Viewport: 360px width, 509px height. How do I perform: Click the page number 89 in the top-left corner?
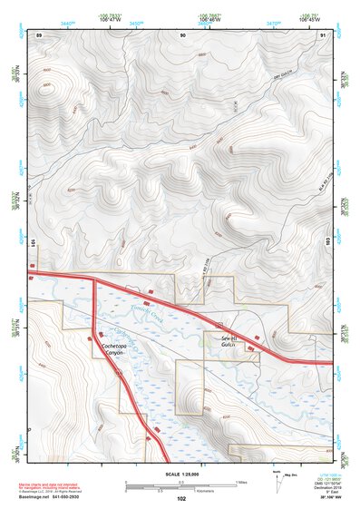coord(39,34)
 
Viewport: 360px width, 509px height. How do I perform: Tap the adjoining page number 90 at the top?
coord(183,34)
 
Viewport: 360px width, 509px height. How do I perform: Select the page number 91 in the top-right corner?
coord(324,34)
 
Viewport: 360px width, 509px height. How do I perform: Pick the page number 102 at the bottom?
coord(181,499)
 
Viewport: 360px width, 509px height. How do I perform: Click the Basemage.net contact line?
coord(64,496)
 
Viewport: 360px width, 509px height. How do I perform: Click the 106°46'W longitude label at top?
coord(209,21)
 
